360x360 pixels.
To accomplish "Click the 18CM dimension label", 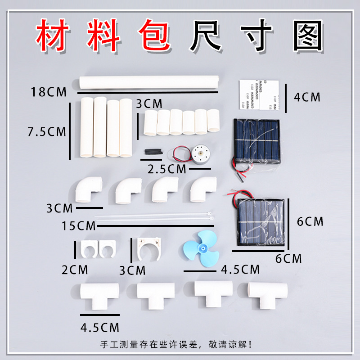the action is [x=48, y=92].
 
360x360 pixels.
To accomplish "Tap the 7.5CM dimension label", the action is [x=46, y=132].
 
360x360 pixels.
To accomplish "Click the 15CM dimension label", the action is [x=79, y=225].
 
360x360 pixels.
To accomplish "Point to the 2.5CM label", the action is [x=167, y=169].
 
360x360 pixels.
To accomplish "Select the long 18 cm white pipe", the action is [x=148, y=83].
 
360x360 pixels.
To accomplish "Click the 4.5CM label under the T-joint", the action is [x=100, y=326].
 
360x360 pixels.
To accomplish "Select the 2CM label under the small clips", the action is [x=75, y=270].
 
